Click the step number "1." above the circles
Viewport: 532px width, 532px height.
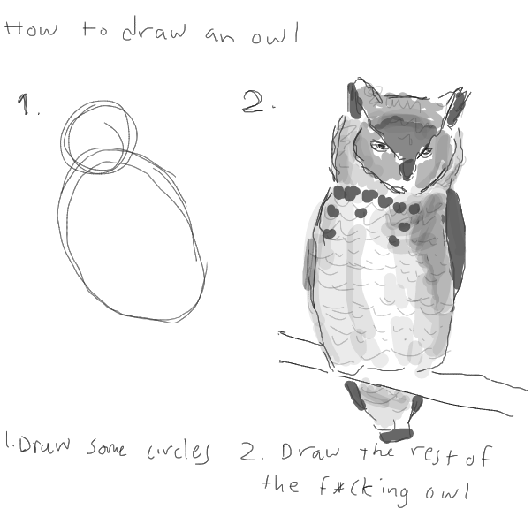(x=27, y=106)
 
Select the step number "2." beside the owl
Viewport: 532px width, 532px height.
(x=257, y=103)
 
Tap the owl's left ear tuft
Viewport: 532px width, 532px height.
(x=354, y=101)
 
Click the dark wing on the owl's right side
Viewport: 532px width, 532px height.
(x=456, y=239)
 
